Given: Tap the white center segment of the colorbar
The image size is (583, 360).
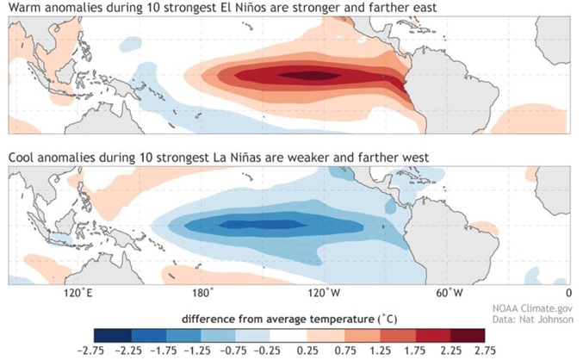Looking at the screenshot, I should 287,334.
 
